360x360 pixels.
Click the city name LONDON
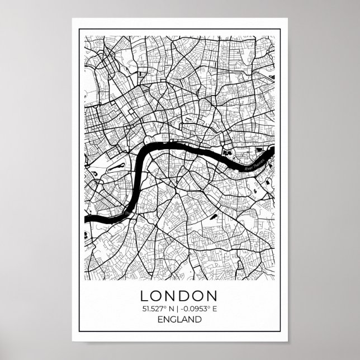[180, 295]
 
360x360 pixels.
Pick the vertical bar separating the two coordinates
[180, 308]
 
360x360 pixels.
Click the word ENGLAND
[180, 320]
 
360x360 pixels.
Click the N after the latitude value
[173, 308]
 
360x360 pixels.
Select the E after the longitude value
[214, 308]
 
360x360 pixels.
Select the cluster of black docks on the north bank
[228, 151]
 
